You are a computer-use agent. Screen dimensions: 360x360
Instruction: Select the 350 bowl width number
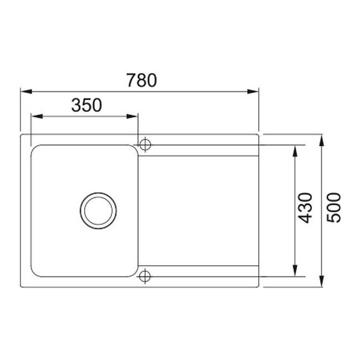(x=86, y=105)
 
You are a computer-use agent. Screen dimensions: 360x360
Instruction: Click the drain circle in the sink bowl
(x=99, y=210)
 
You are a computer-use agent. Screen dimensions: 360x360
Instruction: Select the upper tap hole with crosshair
(x=145, y=144)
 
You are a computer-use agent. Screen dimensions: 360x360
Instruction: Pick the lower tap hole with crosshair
(x=145, y=275)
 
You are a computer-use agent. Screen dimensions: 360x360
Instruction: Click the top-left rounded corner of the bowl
(x=34, y=148)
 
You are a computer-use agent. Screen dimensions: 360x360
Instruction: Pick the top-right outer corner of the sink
(x=259, y=134)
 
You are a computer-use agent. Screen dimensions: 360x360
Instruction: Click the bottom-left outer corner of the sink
(x=20, y=286)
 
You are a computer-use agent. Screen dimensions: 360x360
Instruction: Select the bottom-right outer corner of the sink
(x=259, y=286)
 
